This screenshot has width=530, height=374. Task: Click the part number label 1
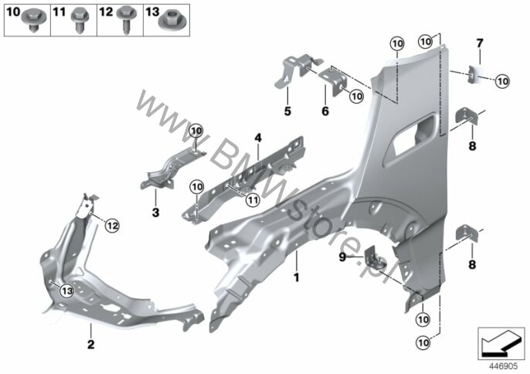point(297,278)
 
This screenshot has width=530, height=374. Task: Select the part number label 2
point(90,345)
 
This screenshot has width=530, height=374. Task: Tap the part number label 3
point(155,212)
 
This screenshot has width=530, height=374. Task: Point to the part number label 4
point(258,138)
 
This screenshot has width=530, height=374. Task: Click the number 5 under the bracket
point(287,111)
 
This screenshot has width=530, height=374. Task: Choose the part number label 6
point(325,111)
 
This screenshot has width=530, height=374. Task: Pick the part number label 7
point(480,43)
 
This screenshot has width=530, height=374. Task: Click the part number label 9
point(342,257)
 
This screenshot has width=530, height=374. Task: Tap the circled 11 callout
point(252,200)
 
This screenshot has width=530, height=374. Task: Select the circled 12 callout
point(112,225)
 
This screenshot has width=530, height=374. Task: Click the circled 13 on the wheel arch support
point(67,291)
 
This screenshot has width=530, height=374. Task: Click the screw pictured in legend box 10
point(33,20)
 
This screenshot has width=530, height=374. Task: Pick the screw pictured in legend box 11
point(80,21)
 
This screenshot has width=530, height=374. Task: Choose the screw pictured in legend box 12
point(127,20)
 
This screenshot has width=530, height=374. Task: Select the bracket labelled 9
point(375,258)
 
